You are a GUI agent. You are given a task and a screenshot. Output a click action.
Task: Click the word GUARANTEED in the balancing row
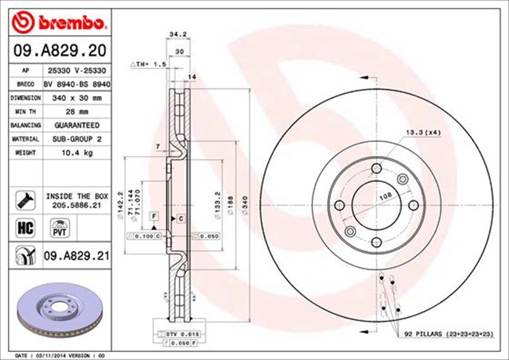click(x=78, y=125)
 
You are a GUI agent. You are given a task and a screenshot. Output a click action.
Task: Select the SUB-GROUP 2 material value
click(x=78, y=137)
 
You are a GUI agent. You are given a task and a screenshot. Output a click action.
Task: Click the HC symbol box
click(x=23, y=227)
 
